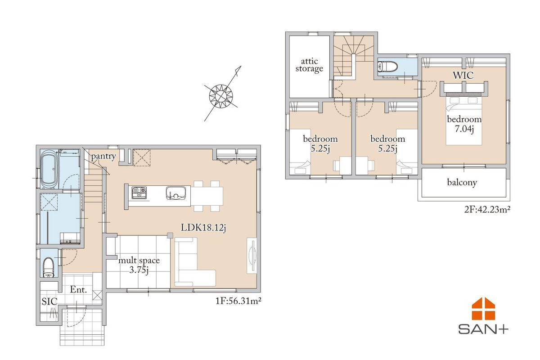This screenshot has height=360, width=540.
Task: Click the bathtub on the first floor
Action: click(49, 170)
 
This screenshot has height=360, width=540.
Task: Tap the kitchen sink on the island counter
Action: click(176, 193)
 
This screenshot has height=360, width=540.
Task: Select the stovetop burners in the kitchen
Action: click(139, 193)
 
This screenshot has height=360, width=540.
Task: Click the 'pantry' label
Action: click(103, 156)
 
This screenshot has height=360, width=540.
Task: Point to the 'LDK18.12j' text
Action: click(203, 228)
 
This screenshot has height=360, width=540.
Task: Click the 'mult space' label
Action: click(139, 261)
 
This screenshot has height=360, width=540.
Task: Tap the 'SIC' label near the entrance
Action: click(49, 301)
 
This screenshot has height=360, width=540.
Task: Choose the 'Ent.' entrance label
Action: click(78, 289)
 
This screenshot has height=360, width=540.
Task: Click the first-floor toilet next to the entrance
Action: click(49, 268)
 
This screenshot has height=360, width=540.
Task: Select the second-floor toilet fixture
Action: click(387, 67)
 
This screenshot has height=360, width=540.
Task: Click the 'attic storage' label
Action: click(309, 65)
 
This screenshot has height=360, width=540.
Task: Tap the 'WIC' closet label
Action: click(463, 76)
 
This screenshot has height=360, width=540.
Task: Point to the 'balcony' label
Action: click(462, 182)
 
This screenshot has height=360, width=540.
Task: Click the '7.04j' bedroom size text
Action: click(464, 129)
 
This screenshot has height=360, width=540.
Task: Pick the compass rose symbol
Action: click(221, 95)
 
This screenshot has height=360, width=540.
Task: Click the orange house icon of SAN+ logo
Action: click(483, 309)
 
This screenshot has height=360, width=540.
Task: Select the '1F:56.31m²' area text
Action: click(238, 301)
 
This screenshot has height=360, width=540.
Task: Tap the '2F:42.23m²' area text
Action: click(487, 209)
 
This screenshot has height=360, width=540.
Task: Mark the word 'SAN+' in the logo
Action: click(483, 329)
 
